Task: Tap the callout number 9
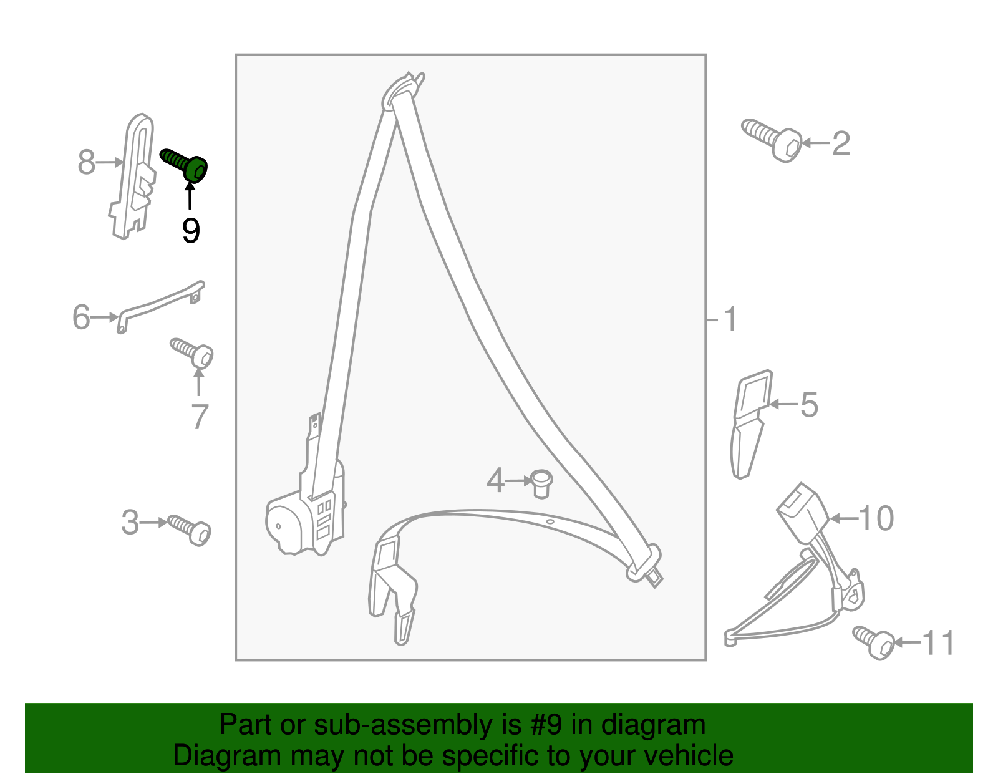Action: point(191,231)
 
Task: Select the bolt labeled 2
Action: point(772,140)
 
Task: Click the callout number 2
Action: point(841,144)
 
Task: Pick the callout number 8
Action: point(86,162)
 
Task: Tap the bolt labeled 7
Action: point(193,353)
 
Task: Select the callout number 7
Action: point(200,417)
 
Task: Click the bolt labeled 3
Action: point(190,530)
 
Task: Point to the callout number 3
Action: point(130,523)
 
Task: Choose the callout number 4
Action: point(495,481)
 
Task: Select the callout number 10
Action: point(876,518)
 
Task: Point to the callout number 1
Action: point(730,319)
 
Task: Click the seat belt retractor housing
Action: point(306,510)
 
